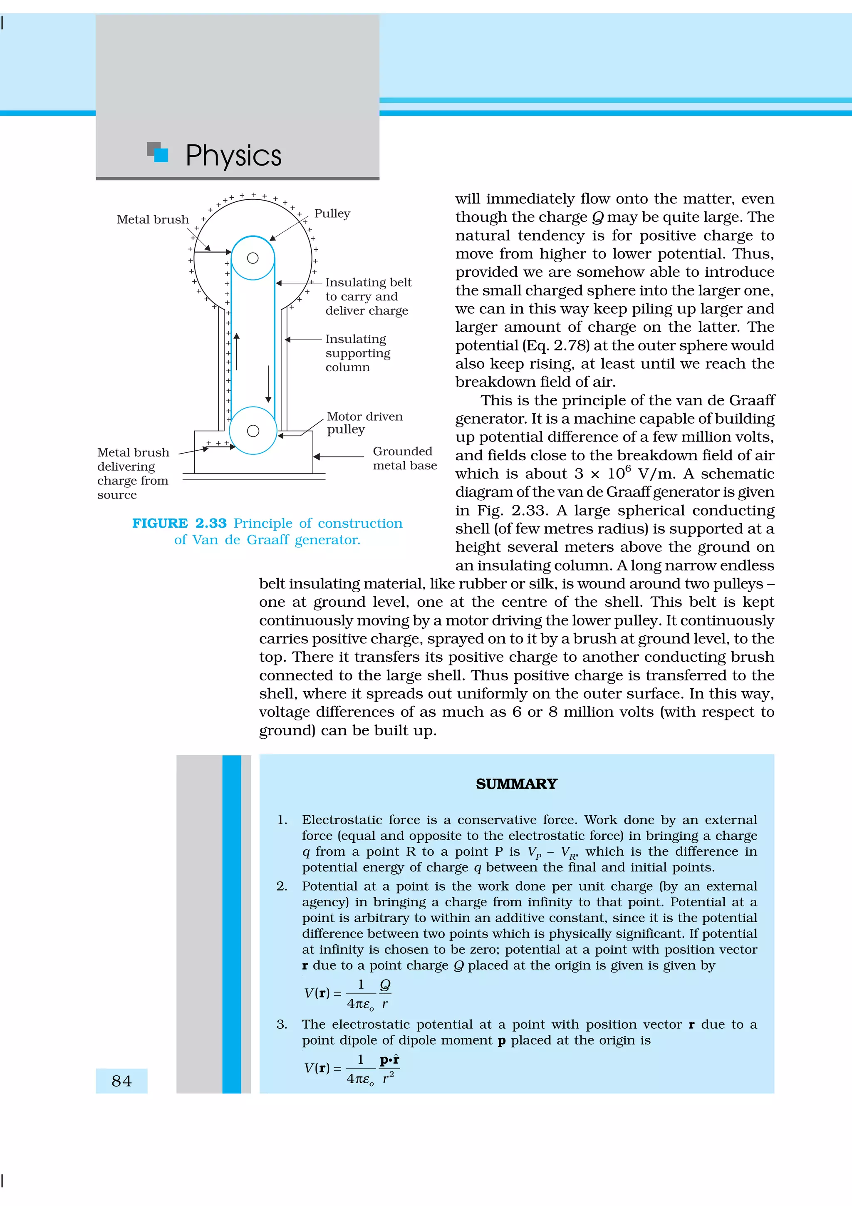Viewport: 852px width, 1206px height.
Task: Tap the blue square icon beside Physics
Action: click(161, 155)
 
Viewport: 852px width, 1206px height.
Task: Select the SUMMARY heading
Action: click(516, 784)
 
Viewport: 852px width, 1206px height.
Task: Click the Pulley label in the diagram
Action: click(332, 213)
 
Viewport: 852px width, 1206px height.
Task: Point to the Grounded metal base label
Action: click(404, 458)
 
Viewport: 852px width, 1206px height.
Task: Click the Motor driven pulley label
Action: click(364, 423)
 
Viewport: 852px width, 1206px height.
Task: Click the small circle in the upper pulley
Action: click(253, 258)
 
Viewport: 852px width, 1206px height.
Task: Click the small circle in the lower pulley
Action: click(253, 431)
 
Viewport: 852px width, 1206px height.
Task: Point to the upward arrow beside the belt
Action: click(237, 351)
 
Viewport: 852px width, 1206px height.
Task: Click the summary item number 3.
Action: click(282, 1024)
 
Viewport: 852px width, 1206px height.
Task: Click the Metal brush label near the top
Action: click(152, 220)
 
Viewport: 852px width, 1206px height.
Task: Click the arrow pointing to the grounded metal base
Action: click(338, 457)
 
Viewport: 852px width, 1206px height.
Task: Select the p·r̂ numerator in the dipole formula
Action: click(389, 1060)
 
